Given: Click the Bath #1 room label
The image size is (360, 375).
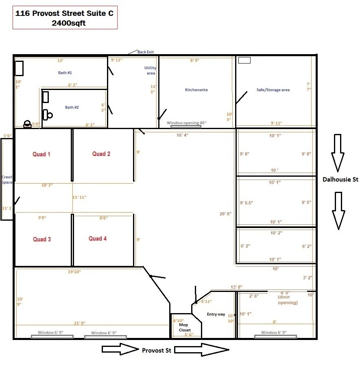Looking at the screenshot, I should (65, 72).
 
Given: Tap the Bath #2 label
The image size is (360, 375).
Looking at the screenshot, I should (72, 107).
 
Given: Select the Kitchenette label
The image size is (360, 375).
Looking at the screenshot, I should (196, 90).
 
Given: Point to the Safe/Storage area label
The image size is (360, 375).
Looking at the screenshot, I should (273, 90).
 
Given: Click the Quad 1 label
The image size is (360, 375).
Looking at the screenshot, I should (41, 154).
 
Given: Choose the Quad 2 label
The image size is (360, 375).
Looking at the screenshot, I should (101, 154).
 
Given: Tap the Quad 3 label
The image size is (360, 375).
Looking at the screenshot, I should (42, 239).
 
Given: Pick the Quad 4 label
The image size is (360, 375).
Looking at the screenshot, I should (98, 239).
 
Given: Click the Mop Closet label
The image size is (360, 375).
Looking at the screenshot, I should (185, 327).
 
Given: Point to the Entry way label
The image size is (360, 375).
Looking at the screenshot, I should (216, 314).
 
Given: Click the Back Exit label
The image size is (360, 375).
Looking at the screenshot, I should (145, 52).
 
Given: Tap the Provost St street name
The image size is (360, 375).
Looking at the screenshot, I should (157, 350).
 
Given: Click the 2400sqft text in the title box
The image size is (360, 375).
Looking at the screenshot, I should (68, 23).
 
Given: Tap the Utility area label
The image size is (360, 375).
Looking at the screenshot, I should (151, 70).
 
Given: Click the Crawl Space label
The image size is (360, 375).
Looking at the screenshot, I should (7, 180).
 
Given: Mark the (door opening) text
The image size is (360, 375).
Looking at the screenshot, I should (288, 303).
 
